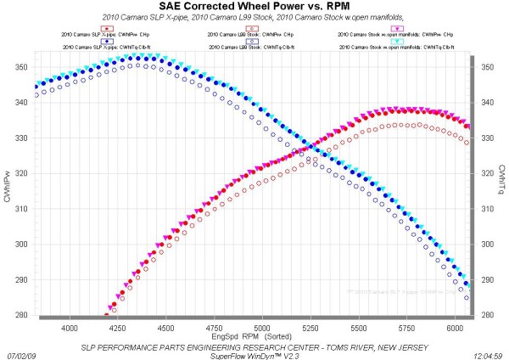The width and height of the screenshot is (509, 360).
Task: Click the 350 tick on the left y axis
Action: click(x=22, y=66)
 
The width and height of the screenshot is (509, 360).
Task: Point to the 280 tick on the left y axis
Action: click(x=22, y=315)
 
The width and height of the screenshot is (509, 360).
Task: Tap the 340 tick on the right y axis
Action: click(x=486, y=102)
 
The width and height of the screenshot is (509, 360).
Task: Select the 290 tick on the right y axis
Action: click(x=486, y=279)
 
